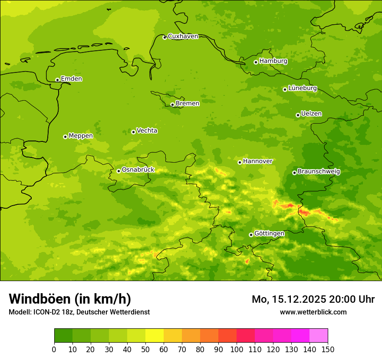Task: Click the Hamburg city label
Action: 273,61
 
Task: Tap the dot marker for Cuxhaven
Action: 165,37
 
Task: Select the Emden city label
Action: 71,79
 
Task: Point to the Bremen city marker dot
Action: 172,105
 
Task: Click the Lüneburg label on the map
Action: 302,88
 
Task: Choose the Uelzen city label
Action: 311,114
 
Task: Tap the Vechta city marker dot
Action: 133,132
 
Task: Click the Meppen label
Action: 81,136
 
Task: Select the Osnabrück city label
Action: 138,170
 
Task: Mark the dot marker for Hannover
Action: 240,162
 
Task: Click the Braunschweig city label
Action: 319,171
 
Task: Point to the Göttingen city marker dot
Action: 251,235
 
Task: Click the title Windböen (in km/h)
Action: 70,299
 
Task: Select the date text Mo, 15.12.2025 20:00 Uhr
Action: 313,299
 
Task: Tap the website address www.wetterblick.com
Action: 313,312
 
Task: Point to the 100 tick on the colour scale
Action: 237,349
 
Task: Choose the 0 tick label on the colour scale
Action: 54,350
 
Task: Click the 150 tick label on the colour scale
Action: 328,350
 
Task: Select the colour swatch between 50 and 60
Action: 155,336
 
